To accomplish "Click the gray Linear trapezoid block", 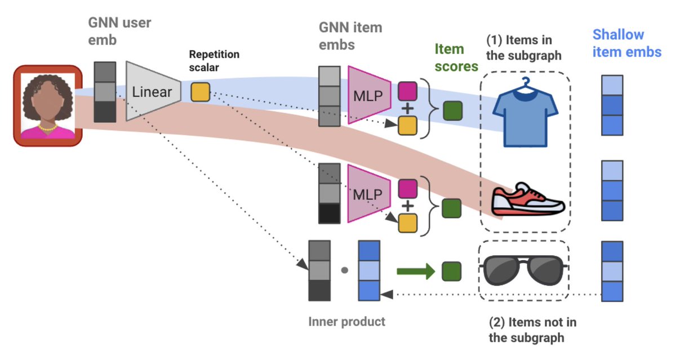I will pyautogui.click(x=152, y=92).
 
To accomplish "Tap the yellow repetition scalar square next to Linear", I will pyautogui.click(x=200, y=92).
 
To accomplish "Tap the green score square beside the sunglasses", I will pyautogui.click(x=452, y=271).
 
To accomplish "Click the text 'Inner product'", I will pyautogui.click(x=347, y=322).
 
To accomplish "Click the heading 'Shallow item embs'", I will pyautogui.click(x=626, y=43).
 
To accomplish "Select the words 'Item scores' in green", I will pyautogui.click(x=456, y=58).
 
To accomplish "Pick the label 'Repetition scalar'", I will pyautogui.click(x=214, y=60).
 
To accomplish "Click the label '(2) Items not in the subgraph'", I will pyautogui.click(x=533, y=330).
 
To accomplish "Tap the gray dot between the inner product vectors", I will pyautogui.click(x=344, y=270).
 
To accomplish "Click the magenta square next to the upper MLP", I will pyautogui.click(x=407, y=90).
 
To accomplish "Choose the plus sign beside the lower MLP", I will pyautogui.click(x=407, y=206).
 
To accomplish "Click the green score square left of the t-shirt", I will pyautogui.click(x=452, y=110).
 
